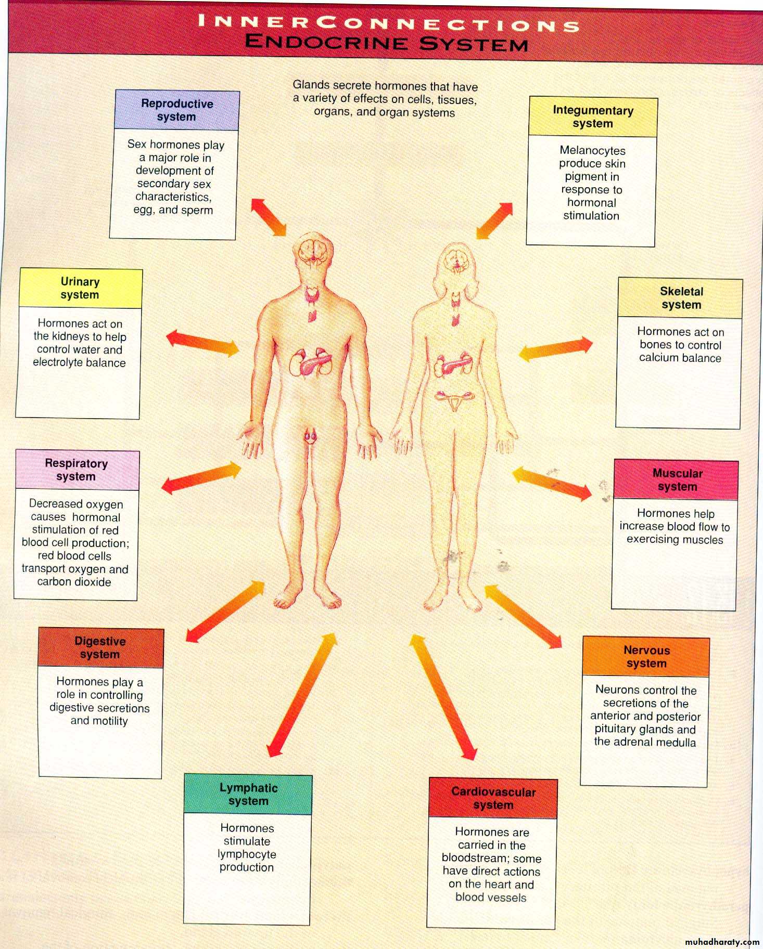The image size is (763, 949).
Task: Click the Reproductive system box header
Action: [x=177, y=110]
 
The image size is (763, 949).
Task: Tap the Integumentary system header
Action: [x=593, y=117]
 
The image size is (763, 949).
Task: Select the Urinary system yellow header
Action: [x=80, y=288]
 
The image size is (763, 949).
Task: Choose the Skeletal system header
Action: [x=680, y=298]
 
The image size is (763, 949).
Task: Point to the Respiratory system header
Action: [x=77, y=470]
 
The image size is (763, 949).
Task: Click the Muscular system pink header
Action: [x=676, y=480]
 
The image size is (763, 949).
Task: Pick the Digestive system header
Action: [x=101, y=648]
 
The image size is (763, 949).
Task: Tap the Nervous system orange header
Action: [x=646, y=657]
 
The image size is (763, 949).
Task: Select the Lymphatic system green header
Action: [x=248, y=795]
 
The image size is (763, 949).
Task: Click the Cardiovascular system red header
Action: [x=493, y=798]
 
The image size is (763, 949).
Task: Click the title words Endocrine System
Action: [x=386, y=42]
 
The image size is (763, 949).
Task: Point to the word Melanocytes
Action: [x=592, y=150]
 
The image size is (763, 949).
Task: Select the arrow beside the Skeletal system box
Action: [x=556, y=349]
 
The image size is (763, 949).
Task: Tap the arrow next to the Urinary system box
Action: [x=203, y=342]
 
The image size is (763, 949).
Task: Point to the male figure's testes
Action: [x=311, y=436]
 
